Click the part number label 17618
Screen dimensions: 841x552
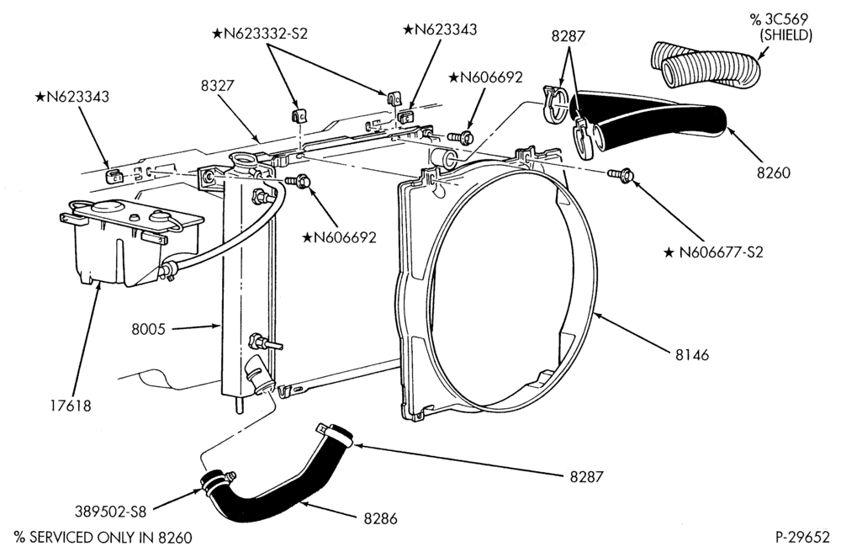click(x=71, y=406)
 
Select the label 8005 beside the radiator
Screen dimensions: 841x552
click(x=149, y=329)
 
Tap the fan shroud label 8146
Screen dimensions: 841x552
click(x=692, y=354)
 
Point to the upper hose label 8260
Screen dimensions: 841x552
click(x=774, y=172)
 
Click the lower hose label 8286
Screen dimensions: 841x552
click(x=380, y=518)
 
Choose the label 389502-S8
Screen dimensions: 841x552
click(x=111, y=512)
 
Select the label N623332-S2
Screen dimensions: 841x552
click(x=260, y=34)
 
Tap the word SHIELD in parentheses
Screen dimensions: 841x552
click(x=785, y=35)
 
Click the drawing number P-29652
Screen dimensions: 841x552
click(x=801, y=537)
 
